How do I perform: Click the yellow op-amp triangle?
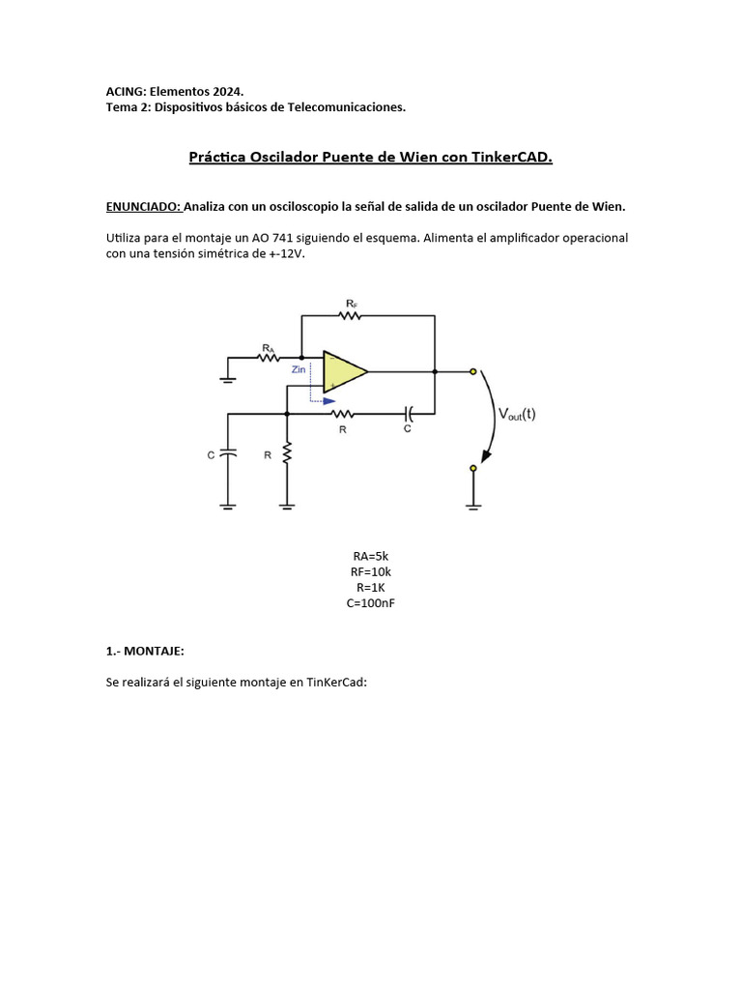[343, 370]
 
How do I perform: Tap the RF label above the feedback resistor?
[351, 303]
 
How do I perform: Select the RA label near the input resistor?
[268, 345]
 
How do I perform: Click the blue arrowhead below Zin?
[329, 401]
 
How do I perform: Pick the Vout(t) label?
[517, 414]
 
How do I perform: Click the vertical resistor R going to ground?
[287, 454]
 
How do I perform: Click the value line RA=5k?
[370, 556]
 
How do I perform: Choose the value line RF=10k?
[370, 571]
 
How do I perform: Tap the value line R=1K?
[370, 587]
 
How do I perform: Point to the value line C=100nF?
[370, 602]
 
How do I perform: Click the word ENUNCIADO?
[143, 206]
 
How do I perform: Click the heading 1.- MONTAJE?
[145, 652]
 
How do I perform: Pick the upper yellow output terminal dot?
[472, 371]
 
